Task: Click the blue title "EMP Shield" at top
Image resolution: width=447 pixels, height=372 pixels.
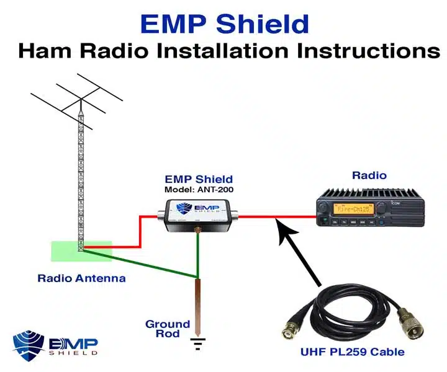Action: tap(224, 24)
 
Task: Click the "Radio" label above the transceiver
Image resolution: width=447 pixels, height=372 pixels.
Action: tap(369, 175)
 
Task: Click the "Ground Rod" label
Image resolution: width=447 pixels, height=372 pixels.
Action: tap(168, 329)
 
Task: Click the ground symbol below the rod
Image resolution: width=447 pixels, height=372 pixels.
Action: tap(197, 342)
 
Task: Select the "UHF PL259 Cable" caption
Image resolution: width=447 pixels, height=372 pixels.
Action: tap(352, 352)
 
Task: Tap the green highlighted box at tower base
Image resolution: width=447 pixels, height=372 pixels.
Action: tap(81, 250)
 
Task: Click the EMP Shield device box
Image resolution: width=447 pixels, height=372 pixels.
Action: tap(201, 215)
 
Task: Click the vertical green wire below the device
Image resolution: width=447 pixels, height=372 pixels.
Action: tap(197, 254)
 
